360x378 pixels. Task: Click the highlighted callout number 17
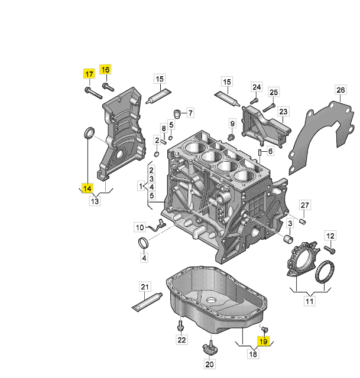88,74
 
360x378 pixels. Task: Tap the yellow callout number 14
87,188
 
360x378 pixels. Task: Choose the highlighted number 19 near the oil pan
264,341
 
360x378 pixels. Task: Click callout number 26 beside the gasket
340,90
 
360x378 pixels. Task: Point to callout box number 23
283,112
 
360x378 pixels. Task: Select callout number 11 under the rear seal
309,301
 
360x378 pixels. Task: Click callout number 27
304,205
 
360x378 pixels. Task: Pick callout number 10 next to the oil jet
140,226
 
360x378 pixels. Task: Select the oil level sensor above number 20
209,347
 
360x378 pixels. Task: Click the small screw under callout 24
253,101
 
